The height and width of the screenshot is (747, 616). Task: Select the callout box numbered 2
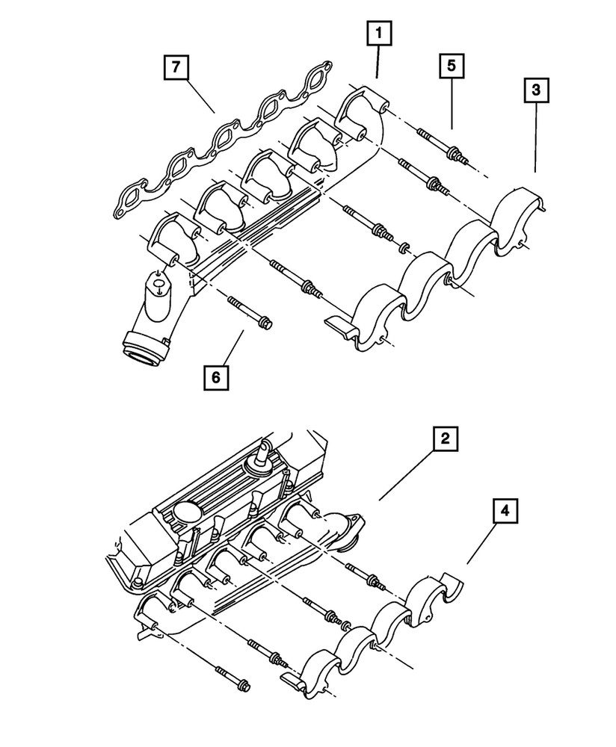444,440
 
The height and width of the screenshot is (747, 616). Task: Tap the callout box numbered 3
535,91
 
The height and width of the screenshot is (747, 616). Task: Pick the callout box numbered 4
505,512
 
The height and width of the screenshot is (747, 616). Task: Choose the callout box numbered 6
215,378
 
